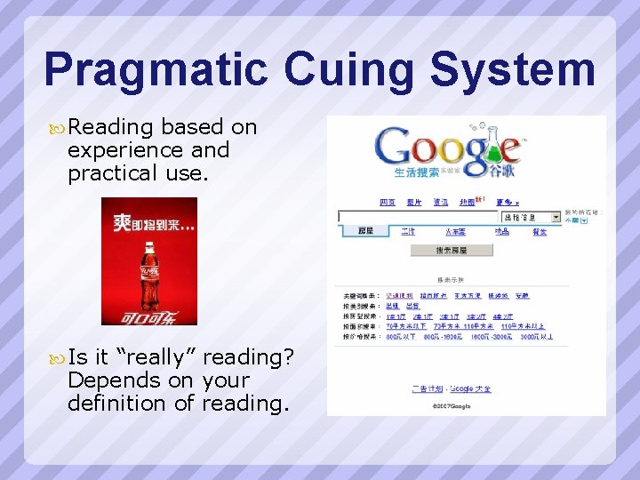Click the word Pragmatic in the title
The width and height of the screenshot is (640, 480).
coord(156,69)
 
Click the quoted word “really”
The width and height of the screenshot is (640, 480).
coord(153,357)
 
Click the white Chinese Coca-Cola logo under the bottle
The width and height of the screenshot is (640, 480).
coord(149,316)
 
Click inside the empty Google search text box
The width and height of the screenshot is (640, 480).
coord(418,216)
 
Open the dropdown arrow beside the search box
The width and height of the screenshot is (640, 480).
coord(556,216)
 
